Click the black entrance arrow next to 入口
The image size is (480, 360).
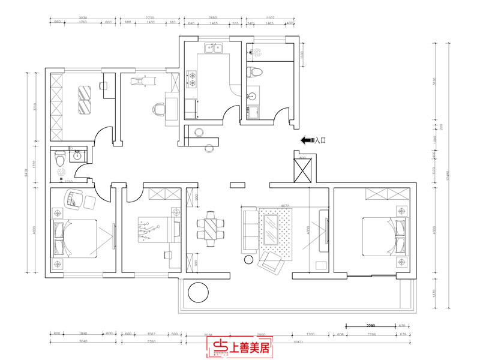click(x=307, y=140)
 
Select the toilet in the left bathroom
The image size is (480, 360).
click(x=59, y=160)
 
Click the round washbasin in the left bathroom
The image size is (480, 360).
click(x=76, y=158)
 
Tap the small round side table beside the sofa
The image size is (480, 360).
click(x=248, y=260)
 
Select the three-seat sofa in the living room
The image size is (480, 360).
click(x=248, y=228)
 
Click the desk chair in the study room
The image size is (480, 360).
click(x=158, y=109)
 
